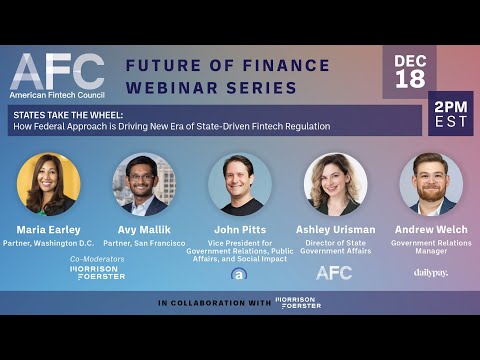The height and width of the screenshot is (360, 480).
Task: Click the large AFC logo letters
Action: click(56, 71)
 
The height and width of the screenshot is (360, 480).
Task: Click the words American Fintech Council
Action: click(57, 95)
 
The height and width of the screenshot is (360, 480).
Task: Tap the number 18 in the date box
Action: click(409, 79)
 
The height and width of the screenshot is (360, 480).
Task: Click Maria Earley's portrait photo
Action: click(48, 183)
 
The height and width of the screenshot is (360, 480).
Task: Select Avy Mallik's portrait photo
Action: click(144, 183)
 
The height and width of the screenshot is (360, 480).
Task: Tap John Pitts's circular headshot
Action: click(240, 183)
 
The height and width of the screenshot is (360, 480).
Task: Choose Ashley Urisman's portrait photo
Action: click(335, 183)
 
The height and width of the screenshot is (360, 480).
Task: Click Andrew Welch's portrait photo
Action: click(431, 183)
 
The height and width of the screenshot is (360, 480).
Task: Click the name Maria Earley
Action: click(48, 229)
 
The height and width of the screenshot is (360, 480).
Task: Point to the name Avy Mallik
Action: click(144, 229)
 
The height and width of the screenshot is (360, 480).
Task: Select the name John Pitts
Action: click(240, 229)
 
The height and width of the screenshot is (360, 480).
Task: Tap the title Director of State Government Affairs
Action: click(335, 246)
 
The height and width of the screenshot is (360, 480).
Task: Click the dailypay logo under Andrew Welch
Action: click(431, 272)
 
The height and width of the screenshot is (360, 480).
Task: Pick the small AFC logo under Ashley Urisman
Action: click(334, 272)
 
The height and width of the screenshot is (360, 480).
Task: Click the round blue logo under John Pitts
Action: click(239, 273)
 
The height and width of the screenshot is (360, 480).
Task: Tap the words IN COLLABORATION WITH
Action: click(212, 302)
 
